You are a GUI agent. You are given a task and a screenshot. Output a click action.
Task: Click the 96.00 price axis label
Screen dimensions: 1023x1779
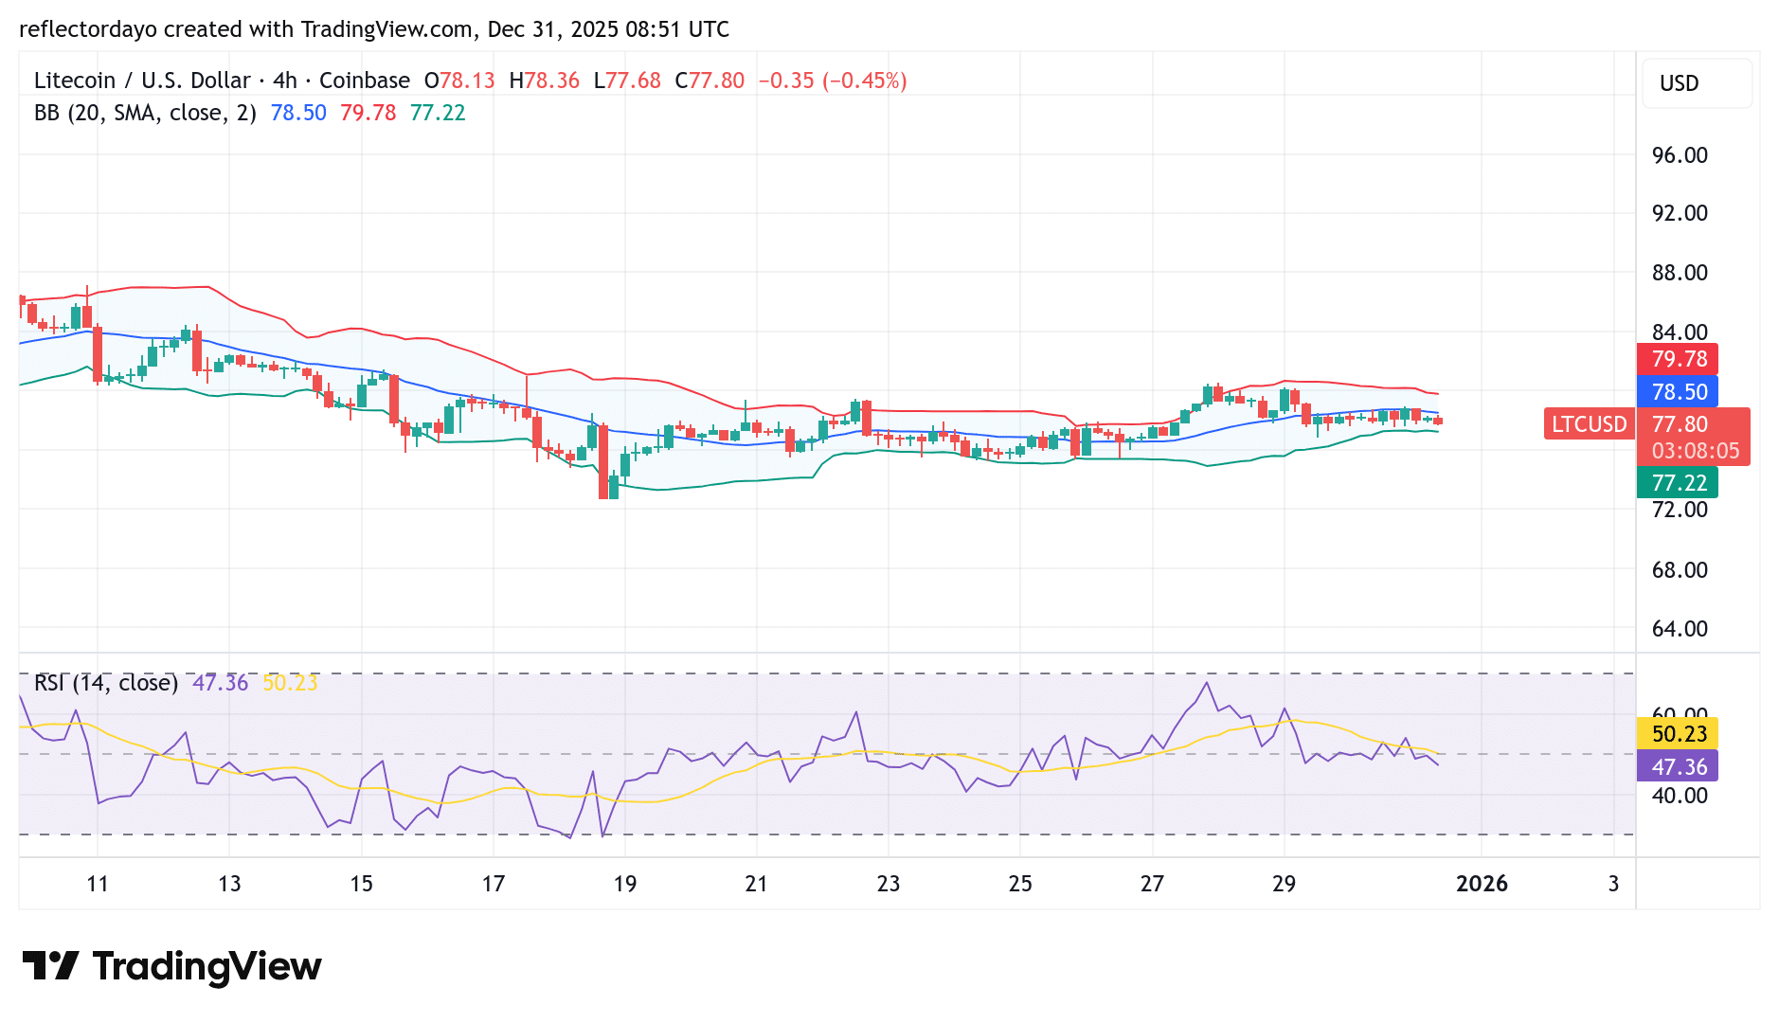(x=1680, y=155)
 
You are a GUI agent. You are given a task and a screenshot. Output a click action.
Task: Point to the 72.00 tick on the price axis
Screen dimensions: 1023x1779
(x=1680, y=510)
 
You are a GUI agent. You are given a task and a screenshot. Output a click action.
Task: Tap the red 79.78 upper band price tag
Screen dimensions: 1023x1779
(x=1679, y=359)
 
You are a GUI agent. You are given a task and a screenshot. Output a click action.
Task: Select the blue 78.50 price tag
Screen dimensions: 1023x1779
(x=1679, y=392)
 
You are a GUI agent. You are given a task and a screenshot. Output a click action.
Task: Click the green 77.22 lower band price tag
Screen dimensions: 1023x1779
(x=1679, y=483)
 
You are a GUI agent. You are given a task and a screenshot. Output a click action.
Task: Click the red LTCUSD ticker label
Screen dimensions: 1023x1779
(x=1589, y=424)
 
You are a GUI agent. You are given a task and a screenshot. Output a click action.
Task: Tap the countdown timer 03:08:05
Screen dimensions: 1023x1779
(x=1695, y=451)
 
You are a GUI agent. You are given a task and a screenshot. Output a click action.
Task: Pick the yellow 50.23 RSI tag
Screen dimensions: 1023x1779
(x=1679, y=734)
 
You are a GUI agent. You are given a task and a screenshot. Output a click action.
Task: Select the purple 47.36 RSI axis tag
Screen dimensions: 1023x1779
(x=1679, y=767)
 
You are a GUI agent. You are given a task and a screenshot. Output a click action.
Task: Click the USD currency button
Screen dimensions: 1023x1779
(x=1680, y=83)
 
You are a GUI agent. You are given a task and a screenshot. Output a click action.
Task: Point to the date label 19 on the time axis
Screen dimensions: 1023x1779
(x=624, y=884)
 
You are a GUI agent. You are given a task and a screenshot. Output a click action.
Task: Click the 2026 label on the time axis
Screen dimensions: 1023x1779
(x=1482, y=884)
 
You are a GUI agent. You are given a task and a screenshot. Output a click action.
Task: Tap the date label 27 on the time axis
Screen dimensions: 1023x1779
(x=1152, y=884)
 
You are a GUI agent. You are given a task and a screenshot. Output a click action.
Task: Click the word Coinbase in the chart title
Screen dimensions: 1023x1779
(x=365, y=81)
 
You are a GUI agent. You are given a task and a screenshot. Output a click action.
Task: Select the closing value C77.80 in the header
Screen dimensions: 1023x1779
(x=710, y=81)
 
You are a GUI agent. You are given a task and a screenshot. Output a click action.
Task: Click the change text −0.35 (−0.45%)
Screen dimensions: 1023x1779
(x=833, y=81)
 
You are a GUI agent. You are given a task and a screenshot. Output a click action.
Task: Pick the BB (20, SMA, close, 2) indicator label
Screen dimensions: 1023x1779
(x=145, y=113)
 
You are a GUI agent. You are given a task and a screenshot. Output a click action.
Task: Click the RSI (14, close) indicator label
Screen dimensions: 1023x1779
(x=106, y=683)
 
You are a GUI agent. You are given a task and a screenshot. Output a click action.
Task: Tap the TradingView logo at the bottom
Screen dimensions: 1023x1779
(x=172, y=966)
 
